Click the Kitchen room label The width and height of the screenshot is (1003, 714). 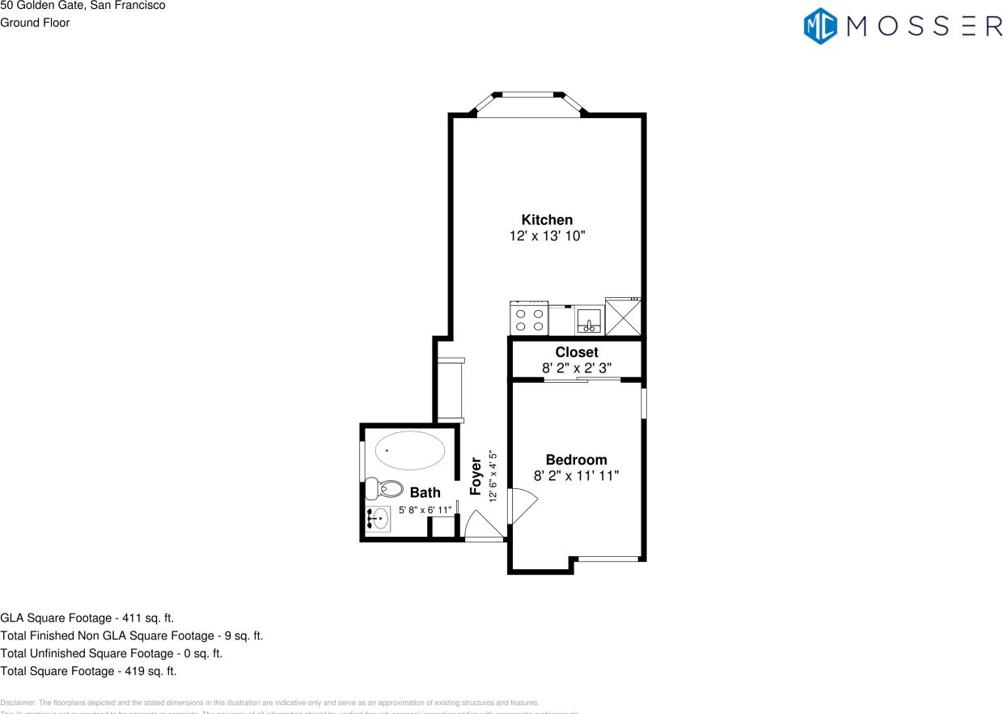[x=547, y=219]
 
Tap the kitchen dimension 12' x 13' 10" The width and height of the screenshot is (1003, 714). [x=547, y=236]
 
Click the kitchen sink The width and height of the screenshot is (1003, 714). [x=590, y=321]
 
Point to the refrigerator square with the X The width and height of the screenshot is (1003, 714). [x=624, y=317]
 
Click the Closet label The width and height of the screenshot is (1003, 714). [x=577, y=352]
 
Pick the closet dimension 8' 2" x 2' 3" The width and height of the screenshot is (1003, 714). [x=577, y=368]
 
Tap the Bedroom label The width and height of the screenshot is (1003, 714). [x=576, y=460]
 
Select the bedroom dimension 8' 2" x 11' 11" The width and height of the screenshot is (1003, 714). [x=576, y=476]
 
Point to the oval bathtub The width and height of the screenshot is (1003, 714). [x=409, y=450]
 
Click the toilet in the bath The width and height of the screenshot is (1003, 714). [x=384, y=489]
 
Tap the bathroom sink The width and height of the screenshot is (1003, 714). [x=379, y=518]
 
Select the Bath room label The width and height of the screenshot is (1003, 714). [x=425, y=492]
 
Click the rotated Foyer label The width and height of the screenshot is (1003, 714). [x=476, y=476]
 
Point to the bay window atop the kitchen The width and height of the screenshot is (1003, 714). [x=529, y=104]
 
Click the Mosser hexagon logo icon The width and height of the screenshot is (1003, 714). [x=820, y=26]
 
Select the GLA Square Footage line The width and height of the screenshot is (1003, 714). [x=87, y=618]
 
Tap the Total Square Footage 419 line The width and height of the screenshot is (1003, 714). [x=88, y=671]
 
